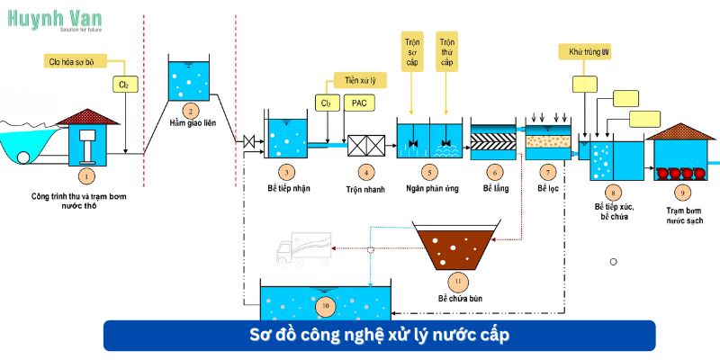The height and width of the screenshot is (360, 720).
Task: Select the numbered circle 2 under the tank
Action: point(189,110)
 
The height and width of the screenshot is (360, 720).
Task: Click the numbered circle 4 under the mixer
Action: point(365,170)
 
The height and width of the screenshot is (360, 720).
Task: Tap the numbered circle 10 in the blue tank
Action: point(325,307)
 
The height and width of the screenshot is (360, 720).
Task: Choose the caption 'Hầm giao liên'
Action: point(190,123)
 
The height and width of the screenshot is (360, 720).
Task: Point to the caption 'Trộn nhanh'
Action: point(365,189)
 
